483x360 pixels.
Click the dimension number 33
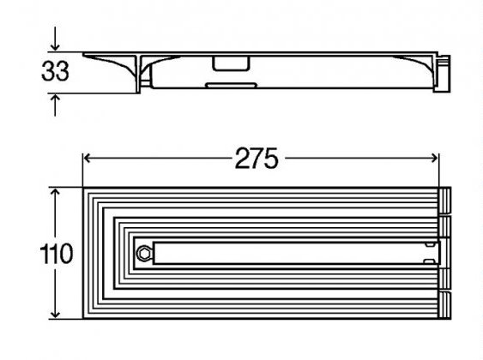point(55,71)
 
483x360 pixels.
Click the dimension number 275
point(257,159)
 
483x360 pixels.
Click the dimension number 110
point(57,254)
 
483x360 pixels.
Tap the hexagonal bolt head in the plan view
point(143,254)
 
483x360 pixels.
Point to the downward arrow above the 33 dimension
point(55,39)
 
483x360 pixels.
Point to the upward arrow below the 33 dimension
point(55,105)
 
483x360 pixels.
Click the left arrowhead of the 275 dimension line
point(88,159)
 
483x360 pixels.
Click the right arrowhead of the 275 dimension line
point(434,159)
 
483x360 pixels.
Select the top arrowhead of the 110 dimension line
point(55,193)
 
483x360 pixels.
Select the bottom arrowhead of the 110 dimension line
point(55,313)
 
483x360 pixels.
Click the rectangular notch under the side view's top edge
point(231,63)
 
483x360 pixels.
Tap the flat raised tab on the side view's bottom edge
point(231,85)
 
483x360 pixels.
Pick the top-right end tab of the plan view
point(444,200)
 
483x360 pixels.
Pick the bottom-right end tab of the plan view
point(444,305)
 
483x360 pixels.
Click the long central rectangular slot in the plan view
point(297,253)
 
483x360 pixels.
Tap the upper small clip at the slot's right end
point(430,244)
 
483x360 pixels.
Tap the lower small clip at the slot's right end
point(430,261)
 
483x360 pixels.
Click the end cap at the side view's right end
point(444,73)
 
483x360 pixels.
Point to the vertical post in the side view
point(138,74)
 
